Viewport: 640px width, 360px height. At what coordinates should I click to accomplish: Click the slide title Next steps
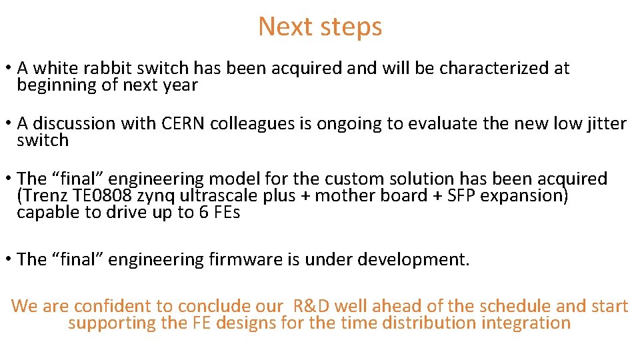[320, 27]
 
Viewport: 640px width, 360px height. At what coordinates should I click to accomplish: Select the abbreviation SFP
[459, 196]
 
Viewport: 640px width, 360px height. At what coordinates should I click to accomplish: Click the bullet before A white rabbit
[7, 69]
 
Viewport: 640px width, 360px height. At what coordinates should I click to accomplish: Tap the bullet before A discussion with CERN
[7, 124]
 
